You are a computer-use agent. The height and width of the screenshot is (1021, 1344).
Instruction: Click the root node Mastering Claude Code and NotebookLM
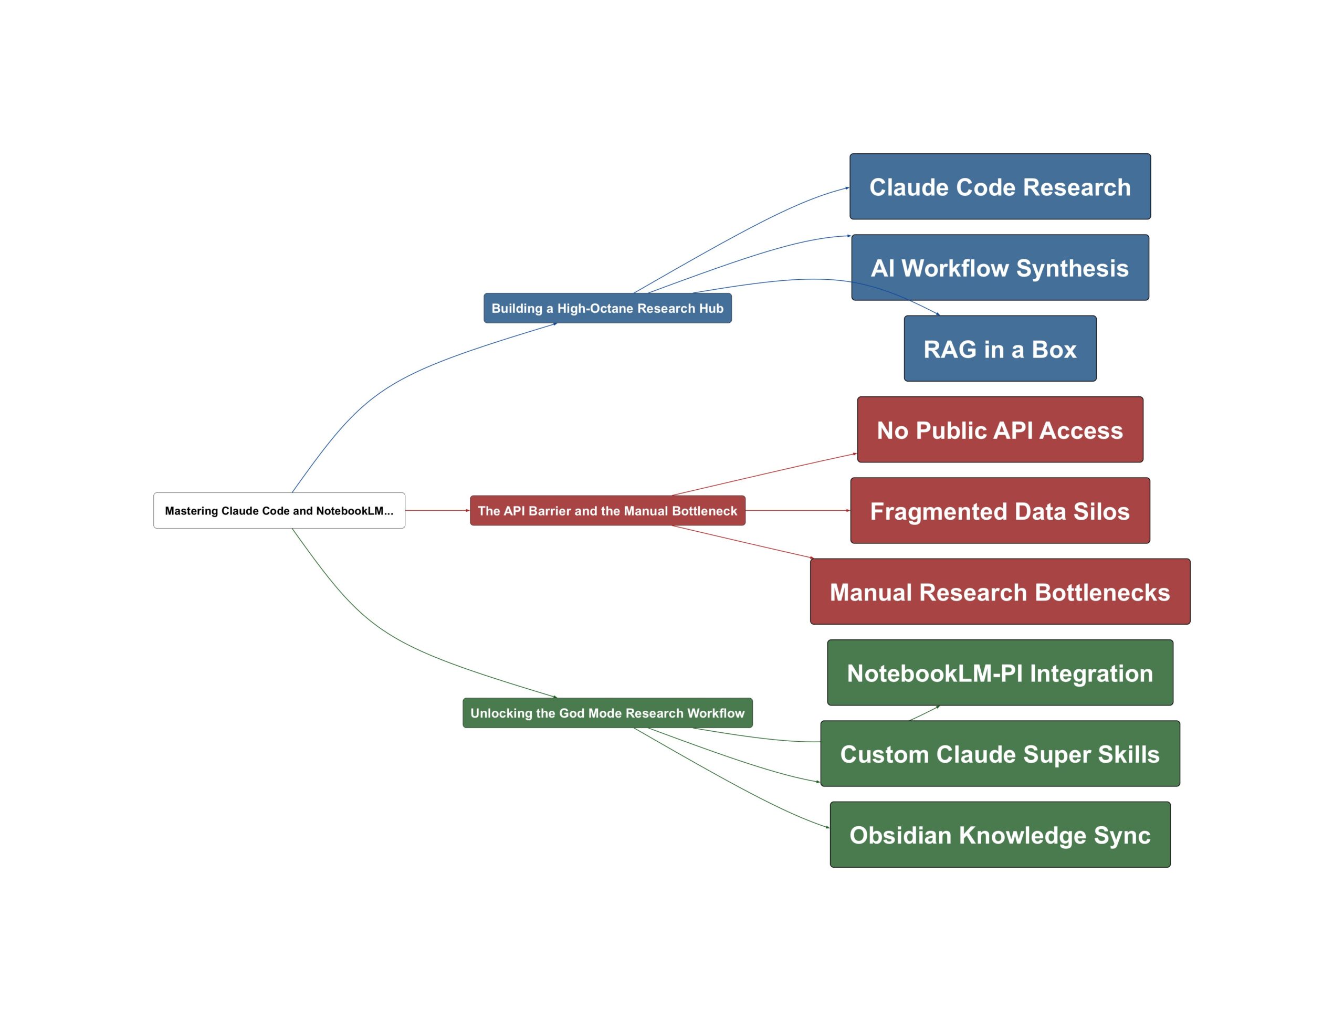[279, 510]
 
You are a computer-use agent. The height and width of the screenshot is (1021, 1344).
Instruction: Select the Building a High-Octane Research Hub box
[607, 308]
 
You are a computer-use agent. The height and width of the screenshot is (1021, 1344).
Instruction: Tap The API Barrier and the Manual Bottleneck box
[607, 510]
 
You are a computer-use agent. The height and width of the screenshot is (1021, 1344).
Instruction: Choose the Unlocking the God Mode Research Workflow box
[607, 713]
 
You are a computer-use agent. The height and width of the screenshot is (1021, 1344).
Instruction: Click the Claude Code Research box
[1000, 186]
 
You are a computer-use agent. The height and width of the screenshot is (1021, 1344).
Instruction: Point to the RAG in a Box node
[1000, 349]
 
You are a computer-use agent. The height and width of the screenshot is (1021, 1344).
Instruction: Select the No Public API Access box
[1000, 430]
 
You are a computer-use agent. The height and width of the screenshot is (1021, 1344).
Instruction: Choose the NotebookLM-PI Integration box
[1000, 673]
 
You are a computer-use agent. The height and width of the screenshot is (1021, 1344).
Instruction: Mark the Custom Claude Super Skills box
[1000, 754]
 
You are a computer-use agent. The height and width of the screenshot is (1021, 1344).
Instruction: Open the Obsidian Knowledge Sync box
[1000, 835]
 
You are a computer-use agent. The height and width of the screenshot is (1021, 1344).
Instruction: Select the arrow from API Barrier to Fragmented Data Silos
[796, 510]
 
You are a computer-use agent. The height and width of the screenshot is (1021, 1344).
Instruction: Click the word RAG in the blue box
[950, 350]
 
